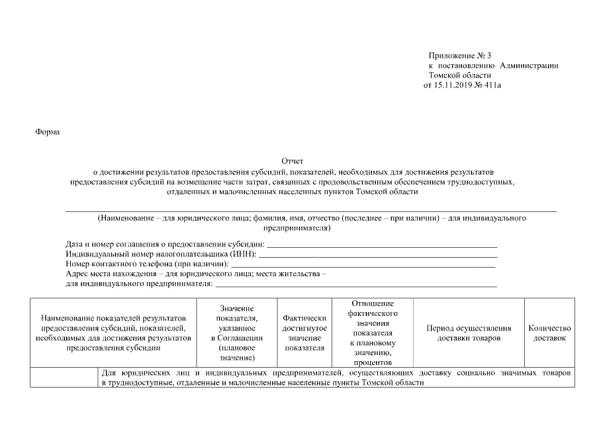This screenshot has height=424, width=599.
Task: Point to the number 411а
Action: pos(491,85)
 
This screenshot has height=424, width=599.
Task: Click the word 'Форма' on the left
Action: pos(47,132)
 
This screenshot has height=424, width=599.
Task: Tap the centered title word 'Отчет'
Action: pos(292,161)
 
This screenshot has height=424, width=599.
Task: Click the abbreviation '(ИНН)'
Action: pos(243,254)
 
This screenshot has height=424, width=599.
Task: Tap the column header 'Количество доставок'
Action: pos(549,333)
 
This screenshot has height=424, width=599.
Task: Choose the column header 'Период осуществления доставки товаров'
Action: pos(469,333)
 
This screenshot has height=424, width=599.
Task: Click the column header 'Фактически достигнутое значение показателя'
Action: pos(304,333)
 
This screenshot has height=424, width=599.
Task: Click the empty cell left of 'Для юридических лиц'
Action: pos(64,379)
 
